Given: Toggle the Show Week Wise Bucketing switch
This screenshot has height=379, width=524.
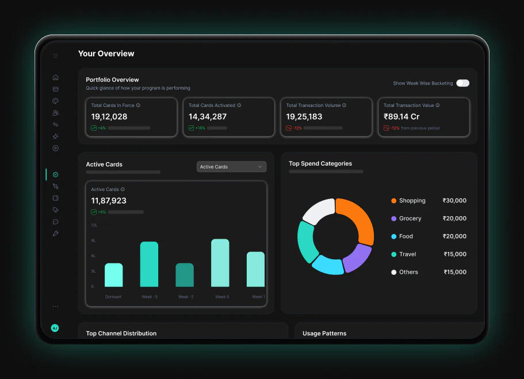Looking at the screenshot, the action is (463, 83).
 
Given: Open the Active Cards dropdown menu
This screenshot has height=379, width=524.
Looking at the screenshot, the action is (232, 167).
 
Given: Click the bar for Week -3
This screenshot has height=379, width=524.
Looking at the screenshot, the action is (149, 264).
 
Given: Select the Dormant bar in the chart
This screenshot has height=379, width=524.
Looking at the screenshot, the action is (114, 275).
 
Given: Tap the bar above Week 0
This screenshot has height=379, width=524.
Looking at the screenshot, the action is (220, 263).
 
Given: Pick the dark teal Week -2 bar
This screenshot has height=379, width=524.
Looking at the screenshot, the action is (185, 275).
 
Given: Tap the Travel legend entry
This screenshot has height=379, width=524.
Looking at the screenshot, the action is (404, 254).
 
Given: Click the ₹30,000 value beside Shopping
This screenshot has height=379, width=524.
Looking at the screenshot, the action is (454, 201).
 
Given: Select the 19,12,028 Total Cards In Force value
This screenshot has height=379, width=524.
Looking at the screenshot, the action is (109, 117).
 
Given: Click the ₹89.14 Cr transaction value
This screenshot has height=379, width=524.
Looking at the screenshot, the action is (401, 117).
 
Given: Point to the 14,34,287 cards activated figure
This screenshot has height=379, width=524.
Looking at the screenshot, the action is (208, 117).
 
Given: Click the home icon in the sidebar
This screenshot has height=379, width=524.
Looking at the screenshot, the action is (55, 77).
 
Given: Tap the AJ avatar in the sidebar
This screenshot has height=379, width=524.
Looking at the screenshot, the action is (55, 328).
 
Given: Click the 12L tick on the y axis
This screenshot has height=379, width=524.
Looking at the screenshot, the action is (94, 225).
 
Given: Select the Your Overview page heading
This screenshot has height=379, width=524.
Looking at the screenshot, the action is (106, 53).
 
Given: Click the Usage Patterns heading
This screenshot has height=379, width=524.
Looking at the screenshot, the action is (324, 334).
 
